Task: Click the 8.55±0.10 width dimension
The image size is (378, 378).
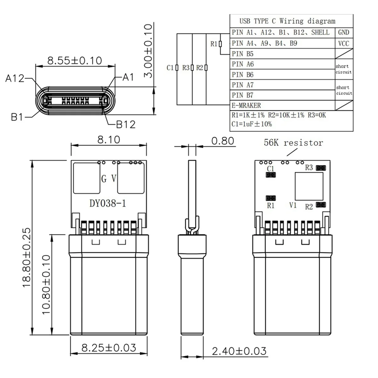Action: pos(75,60)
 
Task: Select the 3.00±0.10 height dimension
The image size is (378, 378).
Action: pos(148,50)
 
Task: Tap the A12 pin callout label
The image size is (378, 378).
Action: pos(14,78)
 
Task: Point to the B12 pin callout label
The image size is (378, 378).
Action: pos(126,124)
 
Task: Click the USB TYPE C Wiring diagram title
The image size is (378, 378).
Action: pos(287,21)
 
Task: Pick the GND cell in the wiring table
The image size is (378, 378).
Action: pos(343,32)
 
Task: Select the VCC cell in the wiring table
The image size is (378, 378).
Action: pos(343,43)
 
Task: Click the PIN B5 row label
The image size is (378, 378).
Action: pos(243,54)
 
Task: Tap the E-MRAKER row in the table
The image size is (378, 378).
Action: pos(246,105)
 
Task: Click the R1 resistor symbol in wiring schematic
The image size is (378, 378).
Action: pos(220,44)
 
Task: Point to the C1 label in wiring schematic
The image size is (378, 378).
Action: pos(170,68)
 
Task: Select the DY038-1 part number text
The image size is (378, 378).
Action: pos(108,203)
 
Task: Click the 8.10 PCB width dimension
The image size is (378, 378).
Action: pos(109,140)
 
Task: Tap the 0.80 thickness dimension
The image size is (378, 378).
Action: pos(223,141)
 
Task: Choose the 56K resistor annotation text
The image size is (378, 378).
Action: pos(293,143)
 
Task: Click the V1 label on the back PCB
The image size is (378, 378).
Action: pos(293,205)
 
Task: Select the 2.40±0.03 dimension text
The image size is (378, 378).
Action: pos(239,351)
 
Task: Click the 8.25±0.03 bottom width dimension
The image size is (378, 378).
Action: pos(109,348)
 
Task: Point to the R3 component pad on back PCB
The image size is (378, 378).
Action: pos(321,168)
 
